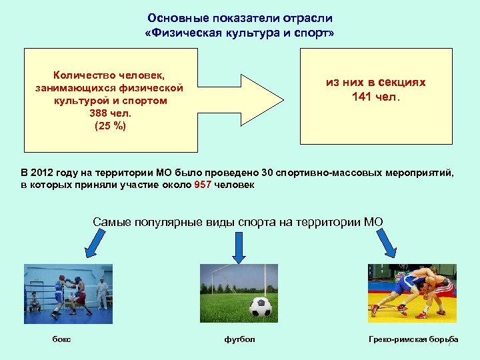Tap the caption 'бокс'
tap(62, 339)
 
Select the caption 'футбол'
tap(239, 339)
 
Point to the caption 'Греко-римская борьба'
tap(413, 339)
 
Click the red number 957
tap(203, 185)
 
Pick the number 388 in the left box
tap(97, 113)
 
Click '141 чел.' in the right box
tap(375, 97)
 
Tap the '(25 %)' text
tap(111, 125)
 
